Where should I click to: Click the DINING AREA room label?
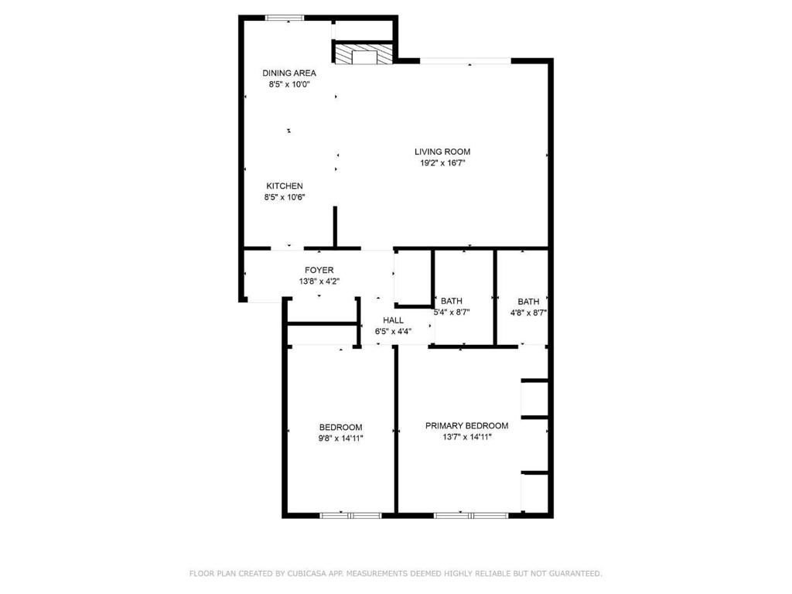(x=288, y=73)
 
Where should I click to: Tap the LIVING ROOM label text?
(x=442, y=152)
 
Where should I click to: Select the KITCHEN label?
(x=285, y=186)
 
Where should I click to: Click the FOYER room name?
(x=319, y=270)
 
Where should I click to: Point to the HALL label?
(x=393, y=320)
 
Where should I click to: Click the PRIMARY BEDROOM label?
(x=466, y=425)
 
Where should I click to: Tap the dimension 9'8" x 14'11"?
(x=340, y=438)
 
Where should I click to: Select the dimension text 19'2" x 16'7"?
(x=442, y=163)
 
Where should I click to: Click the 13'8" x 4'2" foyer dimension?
(x=319, y=282)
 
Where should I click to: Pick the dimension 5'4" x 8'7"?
(x=452, y=312)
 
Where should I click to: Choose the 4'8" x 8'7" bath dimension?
(x=529, y=312)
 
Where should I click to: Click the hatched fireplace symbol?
(x=364, y=55)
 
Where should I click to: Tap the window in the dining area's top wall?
(x=285, y=17)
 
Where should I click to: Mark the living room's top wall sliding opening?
(x=464, y=60)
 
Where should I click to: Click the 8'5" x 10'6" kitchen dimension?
(x=285, y=197)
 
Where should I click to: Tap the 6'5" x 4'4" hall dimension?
(x=393, y=331)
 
